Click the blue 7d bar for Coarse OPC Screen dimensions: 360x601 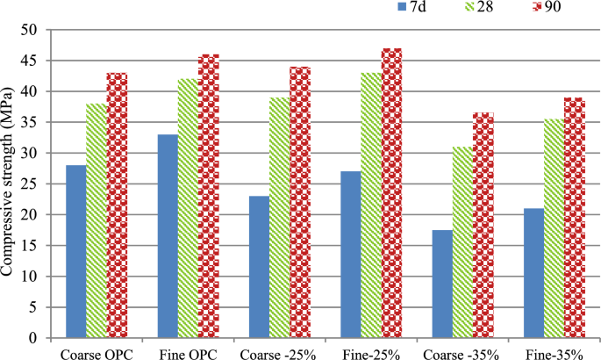coord(75,251)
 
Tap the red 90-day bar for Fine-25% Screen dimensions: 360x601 coord(391,192)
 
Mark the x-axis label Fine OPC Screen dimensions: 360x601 coord(187,351)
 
